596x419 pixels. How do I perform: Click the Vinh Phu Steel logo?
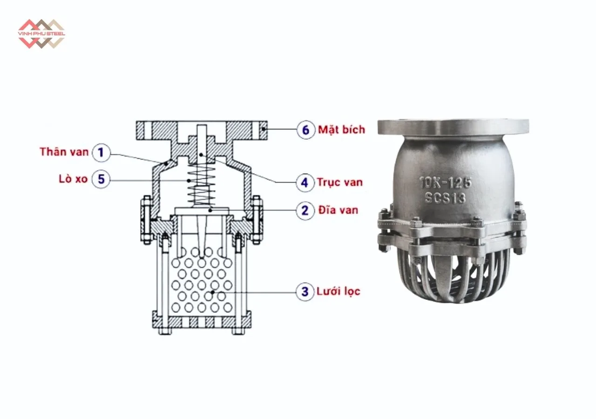(x=41, y=34)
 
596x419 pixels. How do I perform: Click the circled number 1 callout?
(x=101, y=152)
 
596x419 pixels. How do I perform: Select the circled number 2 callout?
(x=305, y=210)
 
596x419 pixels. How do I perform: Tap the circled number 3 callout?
(x=305, y=292)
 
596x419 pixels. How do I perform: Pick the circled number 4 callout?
(x=305, y=182)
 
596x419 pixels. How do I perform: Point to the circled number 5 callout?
(x=101, y=179)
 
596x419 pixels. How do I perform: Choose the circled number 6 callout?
(x=305, y=129)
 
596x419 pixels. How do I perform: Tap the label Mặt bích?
(x=341, y=129)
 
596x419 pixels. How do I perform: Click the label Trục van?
(x=339, y=182)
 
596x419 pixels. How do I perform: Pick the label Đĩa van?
(x=339, y=210)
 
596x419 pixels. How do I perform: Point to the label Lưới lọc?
(x=339, y=292)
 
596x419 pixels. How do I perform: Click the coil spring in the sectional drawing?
(x=201, y=186)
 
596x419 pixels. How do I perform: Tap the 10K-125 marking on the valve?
(x=445, y=182)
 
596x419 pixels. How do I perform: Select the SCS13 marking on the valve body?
(x=445, y=198)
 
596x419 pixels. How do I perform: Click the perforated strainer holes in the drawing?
(x=201, y=284)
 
